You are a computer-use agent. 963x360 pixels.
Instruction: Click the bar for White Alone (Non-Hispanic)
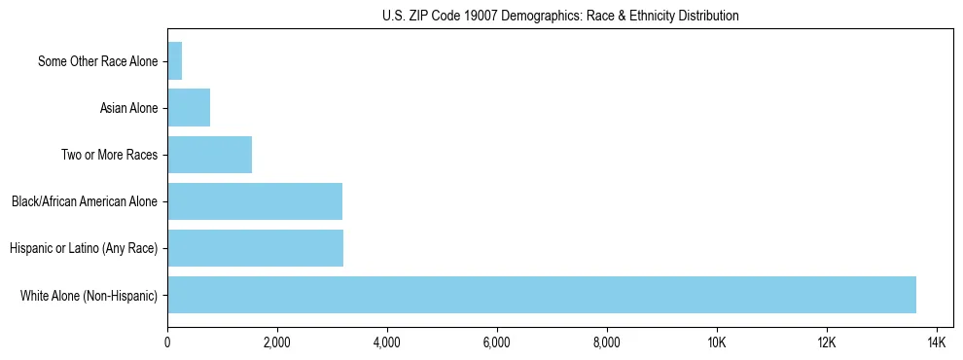pos(541,295)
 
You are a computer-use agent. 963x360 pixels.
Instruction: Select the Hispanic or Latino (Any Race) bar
pos(255,248)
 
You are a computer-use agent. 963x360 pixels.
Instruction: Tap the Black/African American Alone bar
pos(255,201)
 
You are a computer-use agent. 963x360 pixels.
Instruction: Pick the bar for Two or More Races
pos(209,155)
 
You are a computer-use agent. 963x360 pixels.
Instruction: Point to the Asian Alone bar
pos(189,108)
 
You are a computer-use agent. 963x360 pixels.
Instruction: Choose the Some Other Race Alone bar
pos(175,61)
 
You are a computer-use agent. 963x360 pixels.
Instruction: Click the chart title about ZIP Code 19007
pos(560,16)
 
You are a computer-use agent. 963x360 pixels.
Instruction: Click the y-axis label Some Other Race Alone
pos(97,61)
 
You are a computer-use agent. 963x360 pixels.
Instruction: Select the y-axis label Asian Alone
pos(128,108)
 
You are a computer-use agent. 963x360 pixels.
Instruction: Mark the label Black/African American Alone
pos(85,201)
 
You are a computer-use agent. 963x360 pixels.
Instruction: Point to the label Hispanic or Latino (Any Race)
pos(84,248)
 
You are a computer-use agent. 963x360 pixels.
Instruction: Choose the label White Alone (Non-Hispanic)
pos(89,295)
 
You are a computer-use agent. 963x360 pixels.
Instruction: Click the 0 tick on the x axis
pos(167,342)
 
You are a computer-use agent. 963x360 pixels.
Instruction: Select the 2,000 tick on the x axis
pos(277,342)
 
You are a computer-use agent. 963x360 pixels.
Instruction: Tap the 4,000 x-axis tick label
pos(387,342)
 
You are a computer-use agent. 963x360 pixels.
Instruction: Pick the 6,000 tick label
pos(497,342)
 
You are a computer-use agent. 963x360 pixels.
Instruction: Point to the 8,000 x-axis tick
pos(607,342)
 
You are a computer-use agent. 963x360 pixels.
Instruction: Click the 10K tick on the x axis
pos(717,342)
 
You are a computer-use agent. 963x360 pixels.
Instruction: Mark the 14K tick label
pos(937,342)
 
